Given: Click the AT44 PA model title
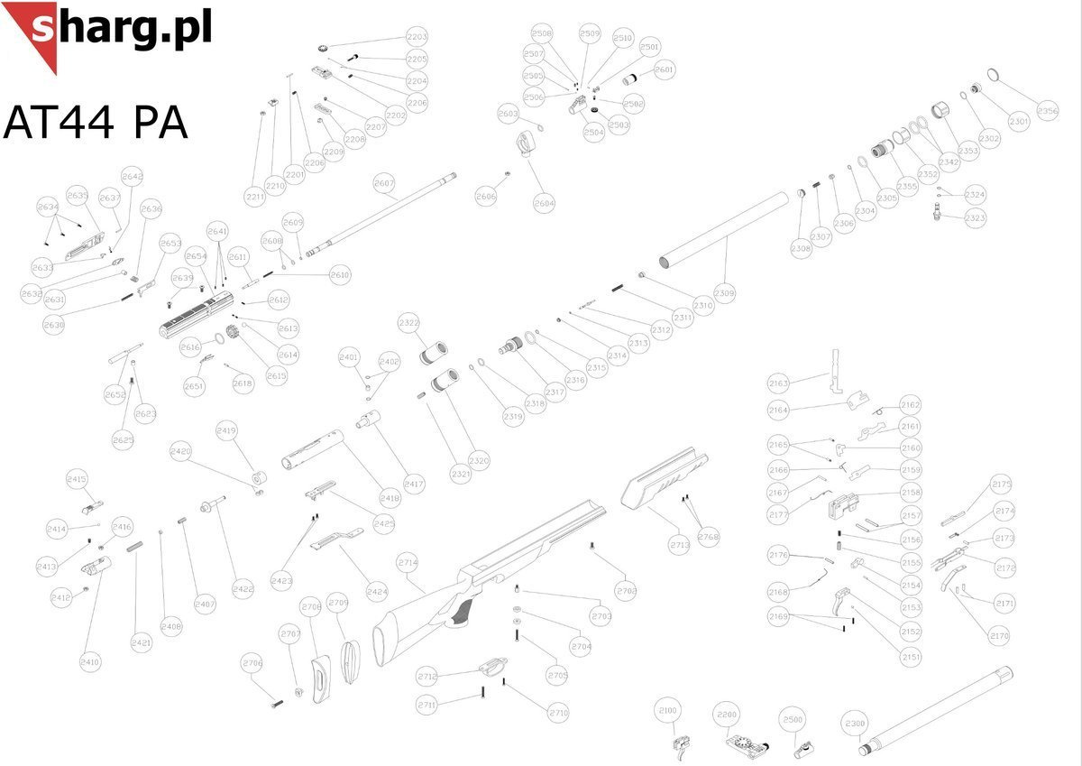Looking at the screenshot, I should point(96,122).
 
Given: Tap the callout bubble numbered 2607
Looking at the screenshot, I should point(384,184).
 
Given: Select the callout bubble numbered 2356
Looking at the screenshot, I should point(1048,112).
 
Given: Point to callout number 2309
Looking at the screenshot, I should point(725,293).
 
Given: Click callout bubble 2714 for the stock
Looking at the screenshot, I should point(408,562).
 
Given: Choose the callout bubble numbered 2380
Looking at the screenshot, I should point(856,723).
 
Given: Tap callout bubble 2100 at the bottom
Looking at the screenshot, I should point(668,711).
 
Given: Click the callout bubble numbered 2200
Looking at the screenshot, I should point(727,715).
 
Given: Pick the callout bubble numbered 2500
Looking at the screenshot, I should point(793,720).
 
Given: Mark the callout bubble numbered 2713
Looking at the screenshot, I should point(679,545).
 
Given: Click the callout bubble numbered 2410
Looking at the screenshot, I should point(90,662).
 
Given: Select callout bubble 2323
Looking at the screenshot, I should point(975,218).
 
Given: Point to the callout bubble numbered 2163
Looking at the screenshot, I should point(778,383).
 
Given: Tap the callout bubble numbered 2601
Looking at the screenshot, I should point(664,69).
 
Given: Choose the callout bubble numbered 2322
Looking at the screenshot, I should point(408,322).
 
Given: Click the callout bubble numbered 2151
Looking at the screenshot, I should point(912,658).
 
